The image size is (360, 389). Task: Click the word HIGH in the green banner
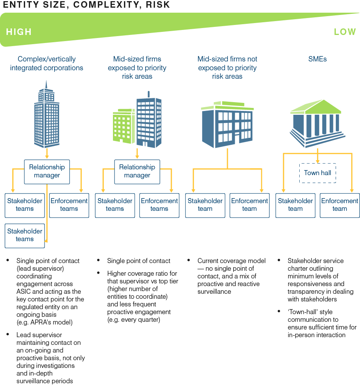(x=18, y=32)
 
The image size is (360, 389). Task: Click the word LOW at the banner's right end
(x=345, y=32)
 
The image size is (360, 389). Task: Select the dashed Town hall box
(x=317, y=173)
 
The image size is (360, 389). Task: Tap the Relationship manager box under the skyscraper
(x=47, y=171)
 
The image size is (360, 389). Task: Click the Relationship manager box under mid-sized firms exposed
(x=137, y=171)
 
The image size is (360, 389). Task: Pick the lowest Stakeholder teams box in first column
(x=25, y=235)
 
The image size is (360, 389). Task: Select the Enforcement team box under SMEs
(x=340, y=205)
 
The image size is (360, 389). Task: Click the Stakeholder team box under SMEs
(x=295, y=205)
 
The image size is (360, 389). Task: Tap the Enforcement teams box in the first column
(x=69, y=205)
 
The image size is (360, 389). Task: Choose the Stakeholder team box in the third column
(x=205, y=205)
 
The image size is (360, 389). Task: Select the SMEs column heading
(x=317, y=59)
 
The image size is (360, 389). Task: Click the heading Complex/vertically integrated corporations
(x=46, y=63)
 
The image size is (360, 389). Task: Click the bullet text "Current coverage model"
(x=231, y=261)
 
